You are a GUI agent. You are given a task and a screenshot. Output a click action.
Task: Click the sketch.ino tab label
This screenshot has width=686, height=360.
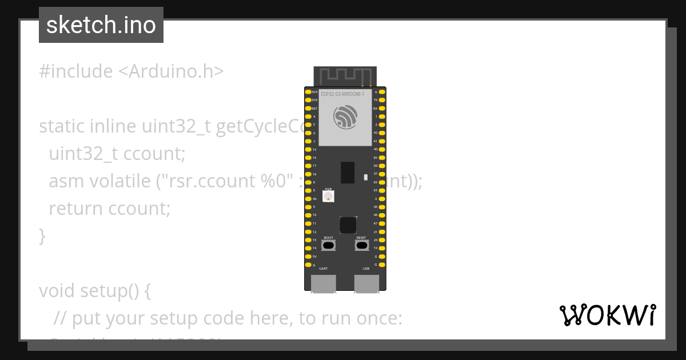click(x=101, y=25)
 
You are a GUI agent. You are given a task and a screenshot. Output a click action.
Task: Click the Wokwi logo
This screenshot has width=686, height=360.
click(x=607, y=315)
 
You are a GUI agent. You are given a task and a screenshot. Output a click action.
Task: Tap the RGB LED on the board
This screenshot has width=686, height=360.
click(x=328, y=197)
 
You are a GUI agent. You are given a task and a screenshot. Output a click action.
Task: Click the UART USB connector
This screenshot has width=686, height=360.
click(x=324, y=283)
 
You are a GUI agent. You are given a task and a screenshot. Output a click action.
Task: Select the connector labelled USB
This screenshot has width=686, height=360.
click(x=366, y=283)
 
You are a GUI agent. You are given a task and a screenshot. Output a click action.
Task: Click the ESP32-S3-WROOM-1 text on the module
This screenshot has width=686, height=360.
click(x=342, y=94)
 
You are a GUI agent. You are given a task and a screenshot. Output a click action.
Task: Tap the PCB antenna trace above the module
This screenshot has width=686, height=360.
click(x=345, y=75)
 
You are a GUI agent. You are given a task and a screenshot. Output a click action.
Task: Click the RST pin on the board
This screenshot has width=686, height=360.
click(x=309, y=108)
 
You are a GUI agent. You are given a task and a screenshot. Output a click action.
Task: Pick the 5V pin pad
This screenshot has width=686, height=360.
click(x=309, y=257)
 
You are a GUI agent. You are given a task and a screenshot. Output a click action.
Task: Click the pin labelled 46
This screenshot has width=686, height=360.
click(x=309, y=199)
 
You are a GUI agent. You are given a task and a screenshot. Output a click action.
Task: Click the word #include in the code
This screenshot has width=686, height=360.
click(x=76, y=71)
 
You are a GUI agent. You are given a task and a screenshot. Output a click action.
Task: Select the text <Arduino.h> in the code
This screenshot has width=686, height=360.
click(x=171, y=71)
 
